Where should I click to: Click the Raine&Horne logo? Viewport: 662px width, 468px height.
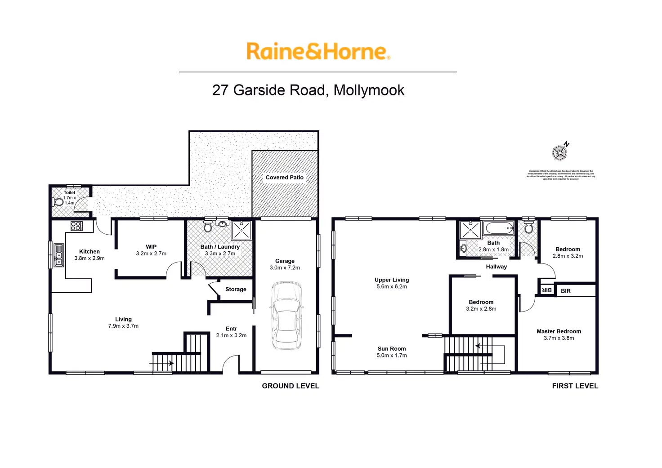pyautogui.click(x=318, y=51)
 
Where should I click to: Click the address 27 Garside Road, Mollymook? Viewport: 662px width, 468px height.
pyautogui.click(x=308, y=90)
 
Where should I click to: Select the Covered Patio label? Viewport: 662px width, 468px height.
pyautogui.click(x=284, y=178)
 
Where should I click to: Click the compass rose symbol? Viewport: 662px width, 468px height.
pyautogui.click(x=559, y=152)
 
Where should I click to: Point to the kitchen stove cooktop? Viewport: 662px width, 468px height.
pyautogui.click(x=76, y=226)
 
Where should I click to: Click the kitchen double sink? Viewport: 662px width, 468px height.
pyautogui.click(x=59, y=255)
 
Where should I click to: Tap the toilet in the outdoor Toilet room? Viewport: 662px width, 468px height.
pyautogui.click(x=58, y=201)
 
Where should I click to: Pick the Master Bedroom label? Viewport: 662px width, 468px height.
pyautogui.click(x=559, y=331)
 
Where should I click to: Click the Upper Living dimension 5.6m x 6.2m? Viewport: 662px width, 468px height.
pyautogui.click(x=392, y=286)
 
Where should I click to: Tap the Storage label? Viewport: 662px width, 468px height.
pyautogui.click(x=236, y=290)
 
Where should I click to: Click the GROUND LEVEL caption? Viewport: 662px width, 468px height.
pyautogui.click(x=291, y=386)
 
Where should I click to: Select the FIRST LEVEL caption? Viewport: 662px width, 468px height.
pyautogui.click(x=575, y=386)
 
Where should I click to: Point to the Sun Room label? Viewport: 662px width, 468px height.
pyautogui.click(x=392, y=349)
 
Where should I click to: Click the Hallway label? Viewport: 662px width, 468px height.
pyautogui.click(x=496, y=267)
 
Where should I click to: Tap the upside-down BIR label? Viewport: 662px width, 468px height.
pyautogui.click(x=546, y=290)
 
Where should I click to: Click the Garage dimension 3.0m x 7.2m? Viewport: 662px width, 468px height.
pyautogui.click(x=285, y=267)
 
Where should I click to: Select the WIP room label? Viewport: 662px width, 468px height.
pyautogui.click(x=151, y=247)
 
